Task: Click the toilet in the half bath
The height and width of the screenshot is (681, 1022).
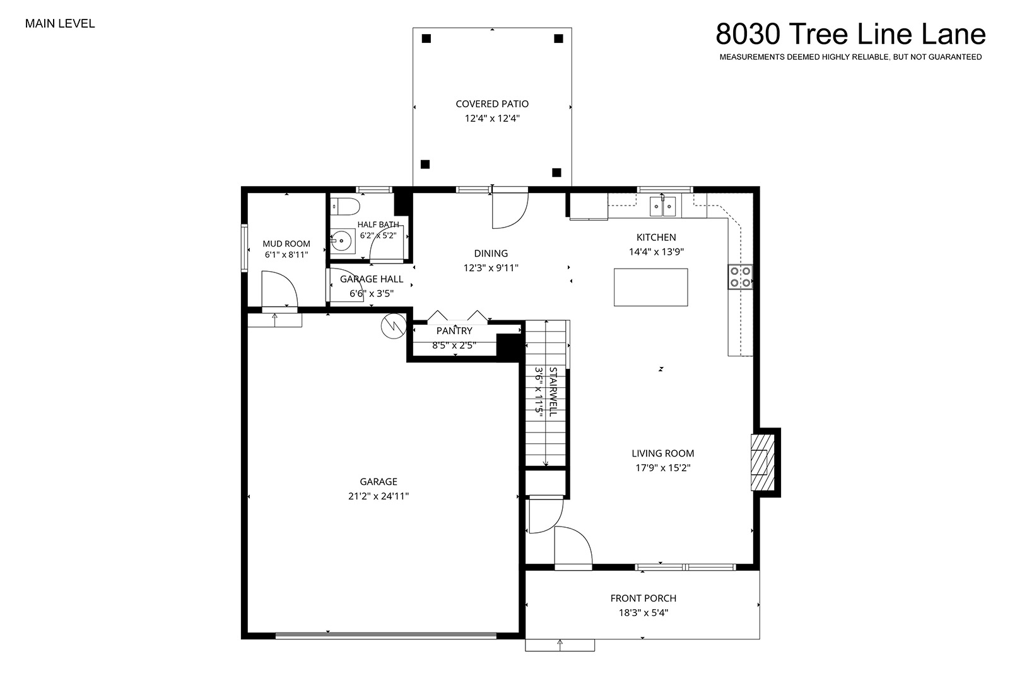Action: (x=345, y=206)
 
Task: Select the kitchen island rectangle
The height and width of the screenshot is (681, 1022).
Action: (x=650, y=288)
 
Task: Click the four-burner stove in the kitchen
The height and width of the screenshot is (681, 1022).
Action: (x=740, y=277)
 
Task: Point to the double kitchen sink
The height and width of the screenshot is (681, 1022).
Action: (x=662, y=206)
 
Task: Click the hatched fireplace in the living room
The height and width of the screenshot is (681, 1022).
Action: (x=763, y=463)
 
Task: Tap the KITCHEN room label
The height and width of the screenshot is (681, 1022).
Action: (x=656, y=237)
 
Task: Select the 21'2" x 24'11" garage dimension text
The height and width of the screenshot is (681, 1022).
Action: (x=379, y=496)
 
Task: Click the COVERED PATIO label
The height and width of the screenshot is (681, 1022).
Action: (x=492, y=104)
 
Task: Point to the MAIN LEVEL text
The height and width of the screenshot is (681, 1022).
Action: (x=60, y=24)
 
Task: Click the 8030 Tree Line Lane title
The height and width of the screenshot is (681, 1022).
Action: (x=850, y=34)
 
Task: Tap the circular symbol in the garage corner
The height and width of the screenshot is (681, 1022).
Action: (x=394, y=325)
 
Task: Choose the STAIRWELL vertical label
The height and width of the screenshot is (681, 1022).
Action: (x=553, y=392)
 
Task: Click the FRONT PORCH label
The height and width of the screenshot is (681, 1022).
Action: (x=643, y=598)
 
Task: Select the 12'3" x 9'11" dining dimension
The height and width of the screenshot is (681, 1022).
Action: (x=491, y=268)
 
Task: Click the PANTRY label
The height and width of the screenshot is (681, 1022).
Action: (x=454, y=330)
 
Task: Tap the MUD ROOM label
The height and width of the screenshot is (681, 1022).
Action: (x=286, y=244)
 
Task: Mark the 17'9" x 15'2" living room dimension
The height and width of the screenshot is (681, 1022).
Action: (x=663, y=468)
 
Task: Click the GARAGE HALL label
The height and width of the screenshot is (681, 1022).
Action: (x=372, y=279)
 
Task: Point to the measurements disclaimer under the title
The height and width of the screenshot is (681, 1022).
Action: (x=850, y=57)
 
